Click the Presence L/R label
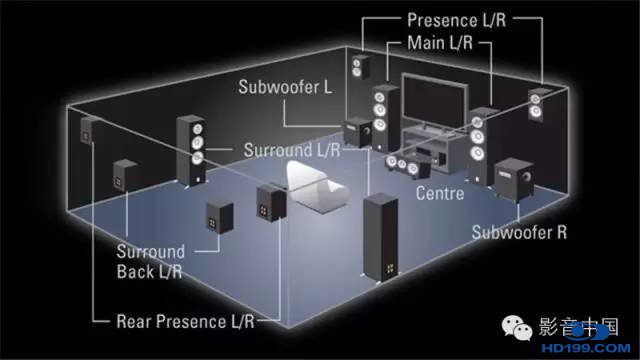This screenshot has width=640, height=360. pos(456,20)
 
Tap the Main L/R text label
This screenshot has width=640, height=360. pos(440,42)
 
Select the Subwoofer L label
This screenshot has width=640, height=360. pos(285,87)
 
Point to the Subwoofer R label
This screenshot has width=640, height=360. pos(519,232)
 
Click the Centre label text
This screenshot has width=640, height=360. pos(440,193)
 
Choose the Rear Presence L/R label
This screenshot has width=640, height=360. pos(185,322)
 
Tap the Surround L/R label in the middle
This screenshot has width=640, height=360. pos(292,150)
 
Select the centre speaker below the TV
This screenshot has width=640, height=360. pos(407,165)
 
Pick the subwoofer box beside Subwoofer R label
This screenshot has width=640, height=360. pos(514,179)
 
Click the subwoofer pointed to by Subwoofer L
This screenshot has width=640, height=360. pos(358,131)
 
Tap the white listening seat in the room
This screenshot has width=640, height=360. pos(316,187)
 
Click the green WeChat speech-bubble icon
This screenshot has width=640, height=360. pos(517,328)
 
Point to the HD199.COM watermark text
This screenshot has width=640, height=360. pos(586,348)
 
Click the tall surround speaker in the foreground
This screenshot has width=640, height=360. pos(380,238)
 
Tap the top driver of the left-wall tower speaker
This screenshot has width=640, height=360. pos(198,129)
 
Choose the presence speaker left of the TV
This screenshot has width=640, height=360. pos(361,67)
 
